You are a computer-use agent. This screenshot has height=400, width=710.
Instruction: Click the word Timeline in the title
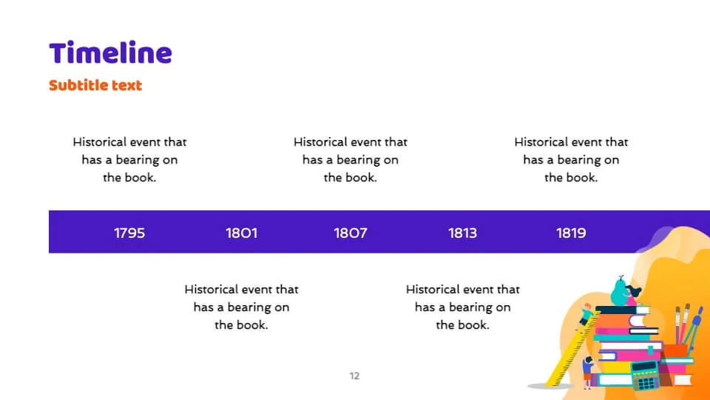tap(110, 53)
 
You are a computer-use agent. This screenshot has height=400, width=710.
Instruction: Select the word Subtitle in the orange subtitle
tap(76, 84)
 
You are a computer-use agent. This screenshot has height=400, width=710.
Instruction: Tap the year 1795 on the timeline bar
tap(129, 233)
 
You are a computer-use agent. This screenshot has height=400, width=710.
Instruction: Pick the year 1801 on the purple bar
tap(241, 233)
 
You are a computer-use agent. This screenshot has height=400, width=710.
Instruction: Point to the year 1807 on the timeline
tap(351, 233)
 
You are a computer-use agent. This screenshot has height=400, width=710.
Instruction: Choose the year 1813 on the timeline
tap(462, 233)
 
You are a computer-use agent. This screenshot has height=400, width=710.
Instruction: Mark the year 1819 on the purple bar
tap(571, 233)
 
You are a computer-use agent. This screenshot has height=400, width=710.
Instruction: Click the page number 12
tap(354, 376)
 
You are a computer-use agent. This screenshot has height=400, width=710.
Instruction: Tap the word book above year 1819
tap(581, 177)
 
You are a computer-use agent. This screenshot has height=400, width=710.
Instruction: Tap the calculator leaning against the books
tap(646, 376)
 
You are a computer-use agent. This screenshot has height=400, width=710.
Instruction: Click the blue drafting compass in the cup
tap(694, 327)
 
